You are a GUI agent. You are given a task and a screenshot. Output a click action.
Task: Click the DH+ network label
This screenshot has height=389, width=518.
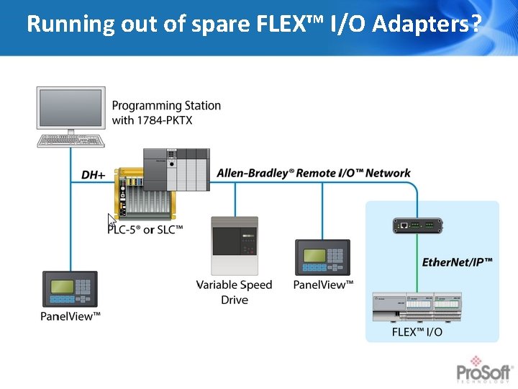tap(94, 175)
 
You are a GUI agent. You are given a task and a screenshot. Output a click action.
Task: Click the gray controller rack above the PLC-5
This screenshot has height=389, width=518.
tap(176, 168)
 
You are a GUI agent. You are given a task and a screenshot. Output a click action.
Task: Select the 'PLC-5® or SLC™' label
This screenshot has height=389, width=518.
tap(145, 229)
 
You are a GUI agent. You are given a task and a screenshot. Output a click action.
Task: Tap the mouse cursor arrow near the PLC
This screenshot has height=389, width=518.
tap(112, 220)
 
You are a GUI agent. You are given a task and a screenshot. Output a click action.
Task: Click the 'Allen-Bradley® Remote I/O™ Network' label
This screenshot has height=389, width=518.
tap(313, 173)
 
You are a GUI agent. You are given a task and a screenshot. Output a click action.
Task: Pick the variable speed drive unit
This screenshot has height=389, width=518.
tap(235, 245)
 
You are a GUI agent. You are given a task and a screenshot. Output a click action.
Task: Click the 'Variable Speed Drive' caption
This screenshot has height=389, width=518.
tap(235, 292)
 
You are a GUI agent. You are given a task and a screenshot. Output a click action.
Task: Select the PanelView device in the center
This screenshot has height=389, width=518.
tap(322, 258)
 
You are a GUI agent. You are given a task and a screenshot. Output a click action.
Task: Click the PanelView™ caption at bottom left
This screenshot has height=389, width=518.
tap(71, 316)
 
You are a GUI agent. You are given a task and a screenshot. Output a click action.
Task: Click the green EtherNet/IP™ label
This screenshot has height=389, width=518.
tap(458, 263)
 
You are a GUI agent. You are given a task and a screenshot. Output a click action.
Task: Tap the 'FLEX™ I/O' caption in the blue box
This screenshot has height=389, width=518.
tap(417, 332)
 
